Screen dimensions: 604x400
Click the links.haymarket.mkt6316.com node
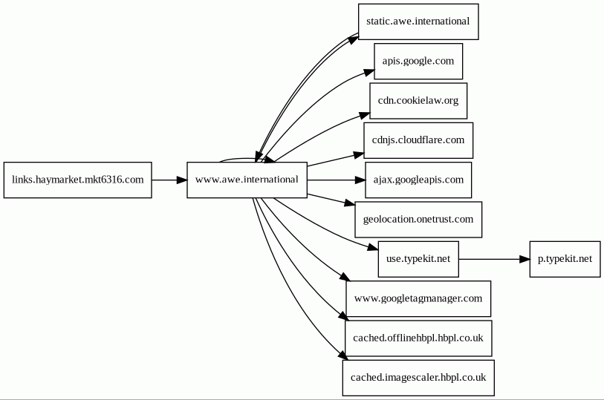click(x=78, y=180)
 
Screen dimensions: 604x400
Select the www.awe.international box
click(x=247, y=180)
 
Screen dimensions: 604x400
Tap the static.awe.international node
click(x=418, y=22)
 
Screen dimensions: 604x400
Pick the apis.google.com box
click(x=418, y=61)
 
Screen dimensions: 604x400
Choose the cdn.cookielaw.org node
click(x=418, y=101)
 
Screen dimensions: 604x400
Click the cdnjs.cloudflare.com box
click(x=418, y=140)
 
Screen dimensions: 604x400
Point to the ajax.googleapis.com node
click(x=418, y=180)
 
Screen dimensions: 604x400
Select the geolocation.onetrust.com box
click(x=418, y=220)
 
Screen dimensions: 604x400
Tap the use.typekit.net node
click(x=418, y=259)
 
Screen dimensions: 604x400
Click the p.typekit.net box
click(x=565, y=259)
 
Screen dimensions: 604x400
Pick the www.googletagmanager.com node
click(x=418, y=299)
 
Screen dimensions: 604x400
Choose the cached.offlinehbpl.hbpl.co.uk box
click(x=418, y=338)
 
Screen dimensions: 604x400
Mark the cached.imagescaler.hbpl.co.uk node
click(x=418, y=378)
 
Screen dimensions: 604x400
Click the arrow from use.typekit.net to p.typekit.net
click(x=494, y=259)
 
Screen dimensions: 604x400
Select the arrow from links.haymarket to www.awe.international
click(x=169, y=180)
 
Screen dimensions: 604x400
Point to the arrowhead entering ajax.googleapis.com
click(x=360, y=180)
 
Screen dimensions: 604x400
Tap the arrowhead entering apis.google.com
click(x=369, y=72)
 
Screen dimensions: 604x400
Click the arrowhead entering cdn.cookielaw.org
click(x=365, y=115)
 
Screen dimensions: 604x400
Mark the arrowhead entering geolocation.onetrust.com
click(x=350, y=203)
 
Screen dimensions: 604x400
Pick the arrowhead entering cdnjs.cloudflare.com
click(x=359, y=154)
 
